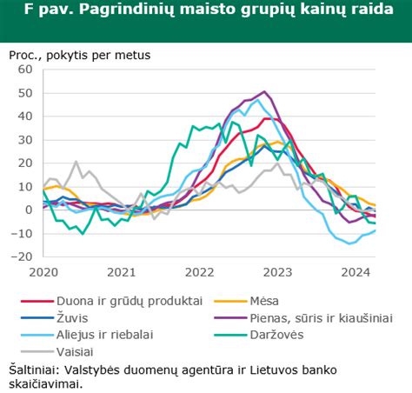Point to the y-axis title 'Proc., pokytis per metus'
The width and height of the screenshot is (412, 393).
[80, 55]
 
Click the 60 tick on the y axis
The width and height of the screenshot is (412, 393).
[25, 70]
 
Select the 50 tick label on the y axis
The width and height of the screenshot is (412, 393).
[25, 93]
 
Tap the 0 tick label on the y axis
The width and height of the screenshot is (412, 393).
[29, 210]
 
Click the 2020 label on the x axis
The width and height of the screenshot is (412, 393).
[43, 271]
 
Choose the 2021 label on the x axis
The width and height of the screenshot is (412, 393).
[123, 271]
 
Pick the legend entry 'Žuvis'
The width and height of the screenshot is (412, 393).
[74, 317]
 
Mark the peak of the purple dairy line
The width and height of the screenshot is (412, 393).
[265, 91]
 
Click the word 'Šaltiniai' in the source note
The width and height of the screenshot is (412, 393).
[34, 368]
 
